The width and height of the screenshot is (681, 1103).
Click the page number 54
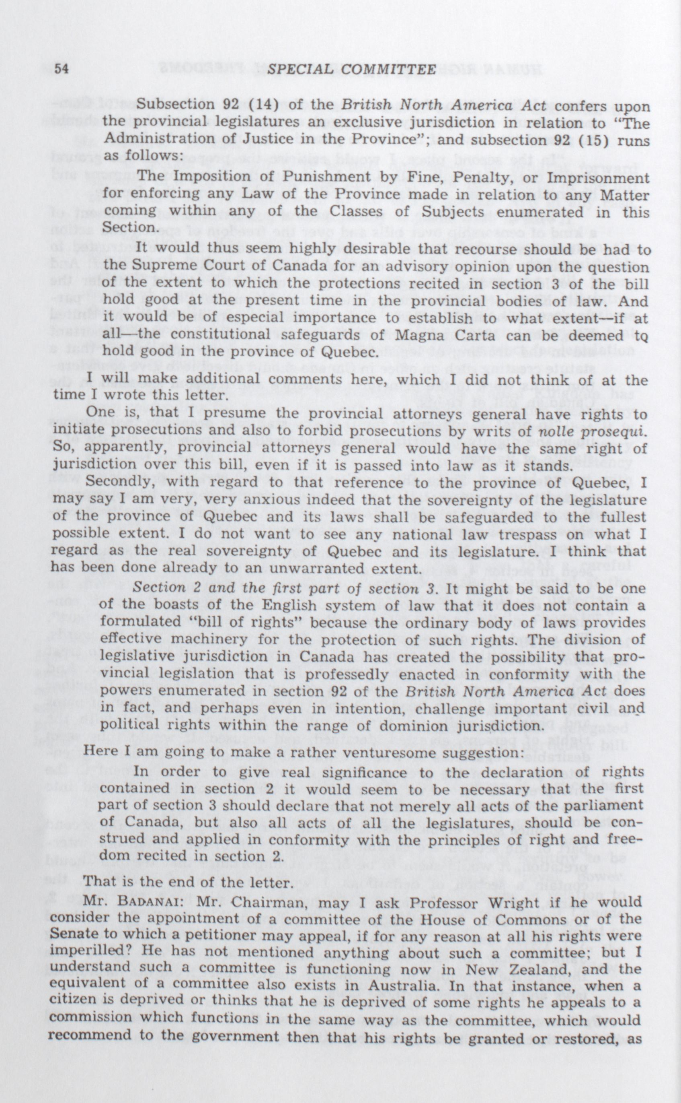59,69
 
